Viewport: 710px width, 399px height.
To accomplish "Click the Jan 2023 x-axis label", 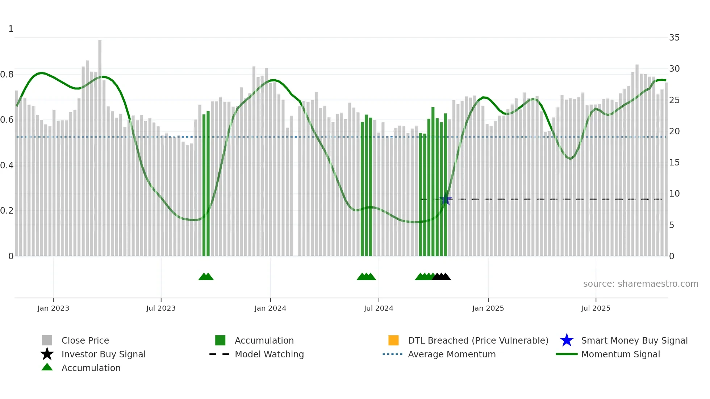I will coord(53,308).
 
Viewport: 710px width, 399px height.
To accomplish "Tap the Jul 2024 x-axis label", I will coord(379,308).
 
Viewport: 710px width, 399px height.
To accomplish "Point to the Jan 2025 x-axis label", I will coord(488,308).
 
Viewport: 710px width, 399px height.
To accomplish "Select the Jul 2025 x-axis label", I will coord(596,308).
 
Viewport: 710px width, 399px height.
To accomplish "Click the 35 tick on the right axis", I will coord(674,38).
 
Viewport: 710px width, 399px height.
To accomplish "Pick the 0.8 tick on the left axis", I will coord(7,75).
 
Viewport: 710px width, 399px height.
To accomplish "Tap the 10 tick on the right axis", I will coord(674,194).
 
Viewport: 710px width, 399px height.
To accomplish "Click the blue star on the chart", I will coord(446,199).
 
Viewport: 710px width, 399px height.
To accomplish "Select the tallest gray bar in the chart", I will coord(100,145).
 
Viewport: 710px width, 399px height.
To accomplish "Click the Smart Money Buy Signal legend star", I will coord(567,340).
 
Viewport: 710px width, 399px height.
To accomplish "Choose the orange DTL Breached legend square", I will coord(393,340).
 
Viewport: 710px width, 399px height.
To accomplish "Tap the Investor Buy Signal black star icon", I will coord(47,354).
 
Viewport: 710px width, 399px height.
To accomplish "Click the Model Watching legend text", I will coord(269,354).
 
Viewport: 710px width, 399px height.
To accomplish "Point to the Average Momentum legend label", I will coord(452,354).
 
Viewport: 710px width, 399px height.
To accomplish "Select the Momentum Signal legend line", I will coord(567,354).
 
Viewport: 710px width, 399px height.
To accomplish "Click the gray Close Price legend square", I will coord(47,340).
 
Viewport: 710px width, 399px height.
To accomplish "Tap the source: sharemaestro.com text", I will coord(640,284).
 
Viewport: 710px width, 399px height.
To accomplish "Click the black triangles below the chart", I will coord(442,277).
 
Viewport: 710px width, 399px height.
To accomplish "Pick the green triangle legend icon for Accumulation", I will coord(47,367).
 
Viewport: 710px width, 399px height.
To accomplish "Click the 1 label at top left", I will coord(11,29).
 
